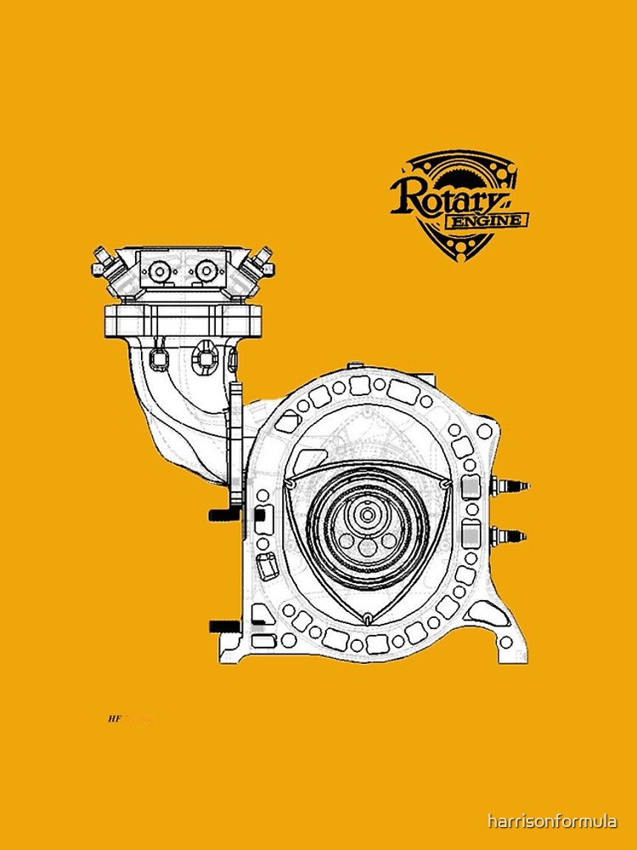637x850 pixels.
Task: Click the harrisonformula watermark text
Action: pyautogui.click(x=552, y=821)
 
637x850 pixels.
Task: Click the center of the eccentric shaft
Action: pyautogui.click(x=367, y=514)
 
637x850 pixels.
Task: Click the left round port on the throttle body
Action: pyautogui.click(x=159, y=272)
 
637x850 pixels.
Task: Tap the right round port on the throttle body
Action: pyautogui.click(x=206, y=272)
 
